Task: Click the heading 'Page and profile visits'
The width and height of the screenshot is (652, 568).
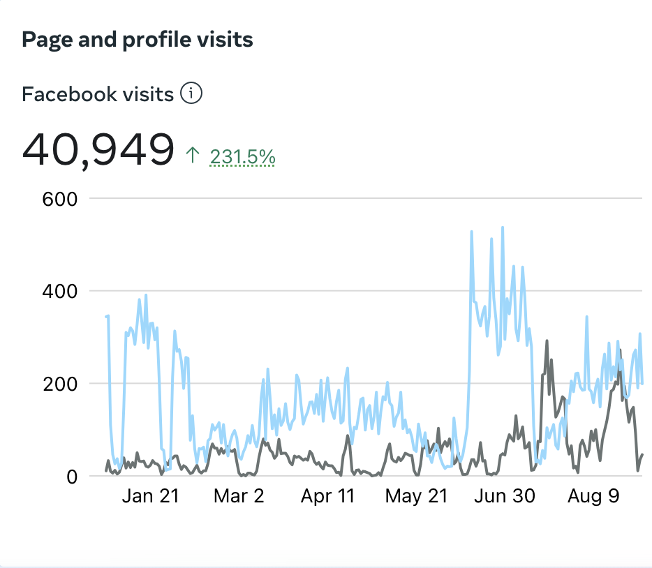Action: coord(138,40)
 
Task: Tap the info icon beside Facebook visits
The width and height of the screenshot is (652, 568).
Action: coord(191,93)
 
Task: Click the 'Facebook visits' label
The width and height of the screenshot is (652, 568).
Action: coord(98,94)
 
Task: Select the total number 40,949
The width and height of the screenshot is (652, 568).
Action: coord(98,149)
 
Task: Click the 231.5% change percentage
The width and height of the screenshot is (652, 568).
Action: coord(242,158)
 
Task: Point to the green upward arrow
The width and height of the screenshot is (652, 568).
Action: coord(193,156)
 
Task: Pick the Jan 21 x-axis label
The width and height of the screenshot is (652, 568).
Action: coord(150,496)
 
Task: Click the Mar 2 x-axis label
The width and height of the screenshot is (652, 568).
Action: coord(239,496)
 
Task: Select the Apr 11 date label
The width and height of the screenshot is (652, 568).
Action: coord(327,496)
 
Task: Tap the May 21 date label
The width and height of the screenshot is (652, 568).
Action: coord(417,496)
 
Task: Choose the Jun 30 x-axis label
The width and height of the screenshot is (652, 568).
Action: coord(505,496)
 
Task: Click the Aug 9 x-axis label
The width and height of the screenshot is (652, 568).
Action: coord(593,496)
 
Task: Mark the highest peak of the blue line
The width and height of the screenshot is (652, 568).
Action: coord(503,227)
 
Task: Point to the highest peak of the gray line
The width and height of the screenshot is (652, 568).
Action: coord(547,341)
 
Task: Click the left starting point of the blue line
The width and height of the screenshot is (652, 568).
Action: coord(106,317)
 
